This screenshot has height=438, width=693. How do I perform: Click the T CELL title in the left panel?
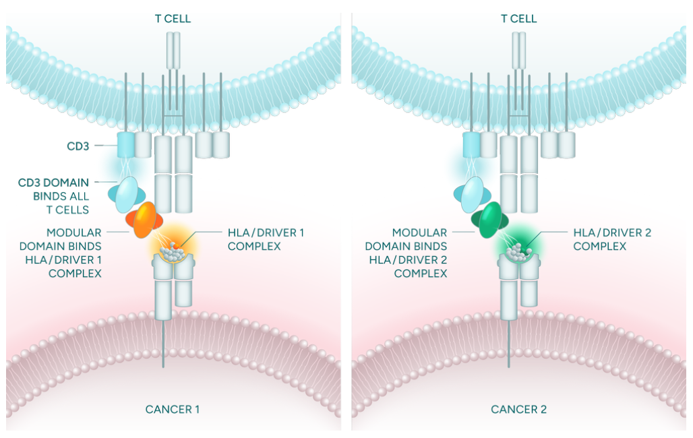tap(173, 18)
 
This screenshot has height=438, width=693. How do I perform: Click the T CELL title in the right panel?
tap(518, 18)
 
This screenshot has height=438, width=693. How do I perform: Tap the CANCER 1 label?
tap(173, 409)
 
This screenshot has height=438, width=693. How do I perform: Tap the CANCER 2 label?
tap(518, 409)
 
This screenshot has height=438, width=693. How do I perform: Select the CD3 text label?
tap(78, 145)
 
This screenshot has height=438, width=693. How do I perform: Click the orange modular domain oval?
tap(144, 220)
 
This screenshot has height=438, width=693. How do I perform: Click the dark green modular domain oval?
tap(490, 221)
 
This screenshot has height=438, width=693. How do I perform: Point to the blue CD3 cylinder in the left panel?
tap(125, 145)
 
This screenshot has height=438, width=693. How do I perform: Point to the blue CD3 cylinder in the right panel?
tap(471, 145)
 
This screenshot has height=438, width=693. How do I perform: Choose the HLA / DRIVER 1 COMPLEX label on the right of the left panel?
tap(266, 239)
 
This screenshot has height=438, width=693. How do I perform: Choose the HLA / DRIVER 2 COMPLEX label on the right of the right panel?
tap(611, 239)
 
